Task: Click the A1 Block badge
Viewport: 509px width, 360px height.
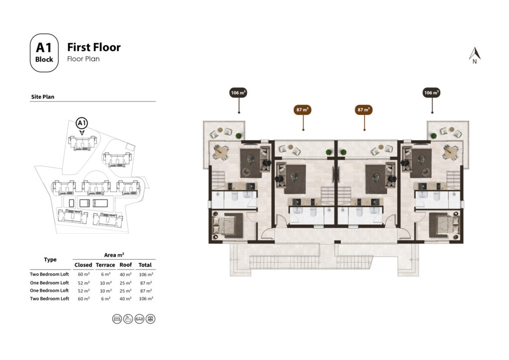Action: [x=44, y=53]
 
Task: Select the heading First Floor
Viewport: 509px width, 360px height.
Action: [x=94, y=47]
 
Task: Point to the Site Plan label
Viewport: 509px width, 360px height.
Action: [x=43, y=97]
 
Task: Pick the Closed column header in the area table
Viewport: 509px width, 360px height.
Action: [x=84, y=265]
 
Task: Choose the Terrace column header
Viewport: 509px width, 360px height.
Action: [x=105, y=265]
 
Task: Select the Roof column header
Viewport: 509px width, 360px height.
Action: [x=126, y=265]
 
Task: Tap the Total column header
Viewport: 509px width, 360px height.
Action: [x=146, y=265]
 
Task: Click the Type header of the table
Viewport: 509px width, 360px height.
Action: [x=50, y=260]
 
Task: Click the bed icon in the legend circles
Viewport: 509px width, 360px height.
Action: [x=117, y=319]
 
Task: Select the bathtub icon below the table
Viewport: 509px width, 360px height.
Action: [x=128, y=319]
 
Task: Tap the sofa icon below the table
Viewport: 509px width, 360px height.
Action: [x=139, y=319]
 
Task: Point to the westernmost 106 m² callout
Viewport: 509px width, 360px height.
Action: [x=239, y=92]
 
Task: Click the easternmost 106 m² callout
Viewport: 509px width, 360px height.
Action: [x=431, y=92]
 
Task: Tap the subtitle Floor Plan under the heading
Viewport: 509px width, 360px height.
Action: [x=84, y=59]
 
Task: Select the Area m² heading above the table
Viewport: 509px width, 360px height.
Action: [x=114, y=255]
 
